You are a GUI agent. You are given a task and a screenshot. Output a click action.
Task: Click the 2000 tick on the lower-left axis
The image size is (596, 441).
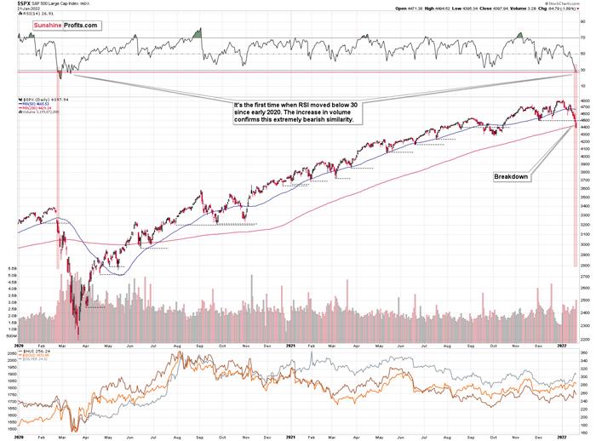click(10, 361)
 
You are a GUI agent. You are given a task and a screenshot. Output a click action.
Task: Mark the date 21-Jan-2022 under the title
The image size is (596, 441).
click(24, 9)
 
